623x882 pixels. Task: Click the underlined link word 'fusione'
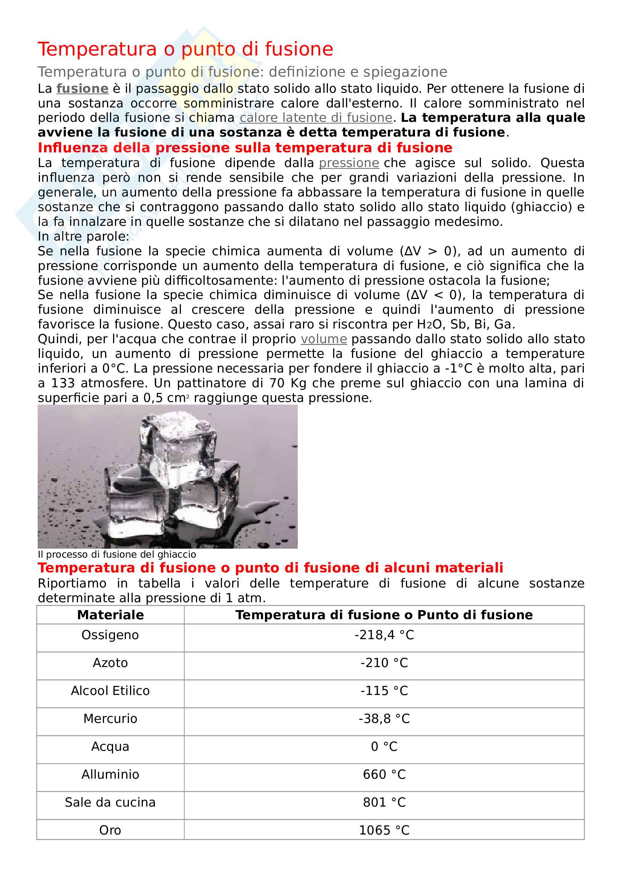[83, 89]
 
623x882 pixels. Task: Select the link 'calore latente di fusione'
[316, 118]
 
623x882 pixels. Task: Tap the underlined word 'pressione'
[349, 163]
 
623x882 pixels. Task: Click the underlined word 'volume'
[324, 339]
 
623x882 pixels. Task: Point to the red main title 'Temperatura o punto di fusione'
[185, 49]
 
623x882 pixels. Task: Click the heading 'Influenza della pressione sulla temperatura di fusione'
[245, 148]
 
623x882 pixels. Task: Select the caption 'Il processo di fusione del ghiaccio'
[117, 554]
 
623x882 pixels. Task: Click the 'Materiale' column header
[110, 615]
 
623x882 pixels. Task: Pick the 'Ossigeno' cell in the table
[110, 635]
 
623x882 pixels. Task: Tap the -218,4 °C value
[384, 635]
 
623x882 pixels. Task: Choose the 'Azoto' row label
[110, 663]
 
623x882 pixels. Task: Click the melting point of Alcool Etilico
[384, 691]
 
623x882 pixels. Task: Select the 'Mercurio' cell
[110, 719]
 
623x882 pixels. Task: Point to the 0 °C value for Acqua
[384, 746]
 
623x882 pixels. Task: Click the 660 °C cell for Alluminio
[384, 775]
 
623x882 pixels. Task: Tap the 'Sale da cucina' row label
[110, 802]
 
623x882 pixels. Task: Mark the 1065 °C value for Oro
[384, 830]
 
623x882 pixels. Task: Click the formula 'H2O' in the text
[430, 325]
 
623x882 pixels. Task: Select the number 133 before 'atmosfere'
[63, 383]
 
